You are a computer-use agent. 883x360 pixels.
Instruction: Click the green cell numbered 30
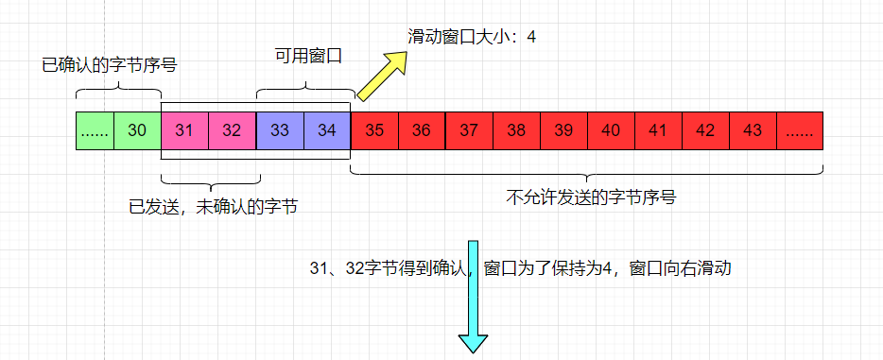click(137, 130)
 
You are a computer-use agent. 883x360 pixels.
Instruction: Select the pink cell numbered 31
click(185, 130)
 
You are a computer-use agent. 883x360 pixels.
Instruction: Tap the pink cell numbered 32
click(233, 130)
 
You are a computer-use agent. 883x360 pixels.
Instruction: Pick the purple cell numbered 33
click(280, 130)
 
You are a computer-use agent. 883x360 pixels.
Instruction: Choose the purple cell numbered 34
click(327, 130)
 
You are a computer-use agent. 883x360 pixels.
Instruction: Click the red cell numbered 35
click(374, 130)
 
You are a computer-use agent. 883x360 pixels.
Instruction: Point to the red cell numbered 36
click(422, 130)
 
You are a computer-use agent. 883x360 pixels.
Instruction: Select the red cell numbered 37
click(469, 130)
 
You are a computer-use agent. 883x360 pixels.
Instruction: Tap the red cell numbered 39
click(563, 130)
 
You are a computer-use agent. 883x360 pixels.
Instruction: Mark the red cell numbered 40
click(611, 130)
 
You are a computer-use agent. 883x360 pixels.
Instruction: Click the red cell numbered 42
click(705, 130)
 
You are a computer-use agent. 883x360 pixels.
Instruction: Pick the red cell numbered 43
click(753, 130)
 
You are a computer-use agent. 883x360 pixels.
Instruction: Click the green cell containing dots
click(95, 130)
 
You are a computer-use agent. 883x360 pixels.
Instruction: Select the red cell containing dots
click(800, 130)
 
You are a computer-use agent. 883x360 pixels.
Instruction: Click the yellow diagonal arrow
click(382, 74)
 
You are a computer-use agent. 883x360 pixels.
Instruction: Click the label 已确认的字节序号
click(110, 66)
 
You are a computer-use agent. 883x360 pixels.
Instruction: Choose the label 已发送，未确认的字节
click(214, 205)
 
